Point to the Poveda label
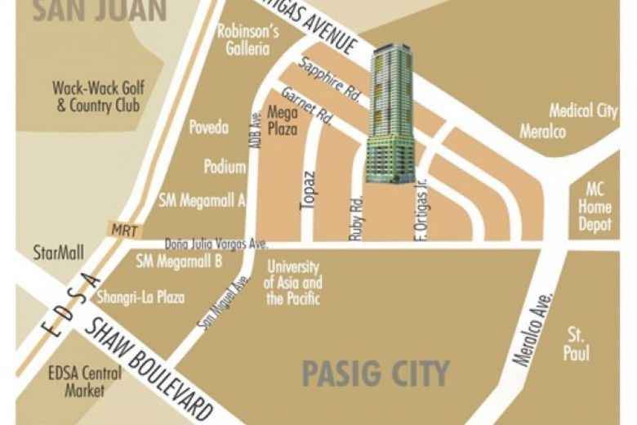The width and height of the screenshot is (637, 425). coord(209,127)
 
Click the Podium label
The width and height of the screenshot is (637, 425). coord(225,168)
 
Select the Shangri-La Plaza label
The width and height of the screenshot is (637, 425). coord(140,297)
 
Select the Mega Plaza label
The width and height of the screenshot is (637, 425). coord(282,121)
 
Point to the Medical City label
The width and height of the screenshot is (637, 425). coord(582,110)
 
